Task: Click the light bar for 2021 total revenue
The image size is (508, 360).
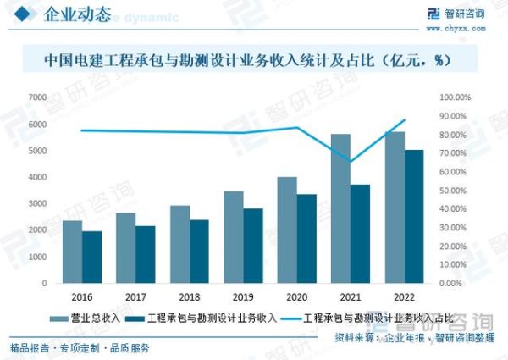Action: (x=340, y=208)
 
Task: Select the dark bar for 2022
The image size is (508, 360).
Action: (x=414, y=217)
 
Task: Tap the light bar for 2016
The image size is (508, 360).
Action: (x=73, y=252)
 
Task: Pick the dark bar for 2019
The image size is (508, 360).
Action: (x=253, y=246)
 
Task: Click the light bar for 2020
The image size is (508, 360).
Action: (x=287, y=230)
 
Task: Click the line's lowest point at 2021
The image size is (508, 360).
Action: (x=350, y=162)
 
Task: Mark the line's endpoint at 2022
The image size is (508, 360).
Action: (x=405, y=119)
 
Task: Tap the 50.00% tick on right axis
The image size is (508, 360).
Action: (x=455, y=191)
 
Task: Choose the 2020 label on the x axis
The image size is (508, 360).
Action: (x=296, y=297)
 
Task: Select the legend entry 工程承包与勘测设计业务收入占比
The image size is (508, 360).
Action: (x=368, y=318)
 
